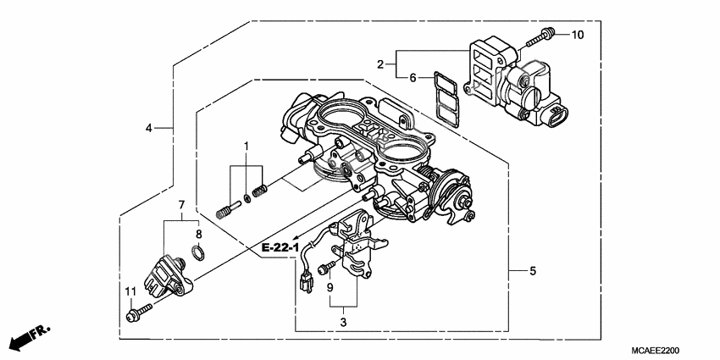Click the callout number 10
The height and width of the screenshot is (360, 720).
[x=577, y=35]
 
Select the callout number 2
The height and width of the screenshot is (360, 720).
[x=381, y=64]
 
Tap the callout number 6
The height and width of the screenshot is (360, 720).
[x=413, y=78]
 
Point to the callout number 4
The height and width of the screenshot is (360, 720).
[x=149, y=128]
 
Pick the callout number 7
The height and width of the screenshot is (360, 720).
[x=180, y=205]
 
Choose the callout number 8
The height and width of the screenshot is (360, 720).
[x=198, y=233]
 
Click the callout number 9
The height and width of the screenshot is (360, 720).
[x=330, y=288]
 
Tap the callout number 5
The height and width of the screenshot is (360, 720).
[x=532, y=271]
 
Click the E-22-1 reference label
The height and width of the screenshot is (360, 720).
[x=280, y=247]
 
